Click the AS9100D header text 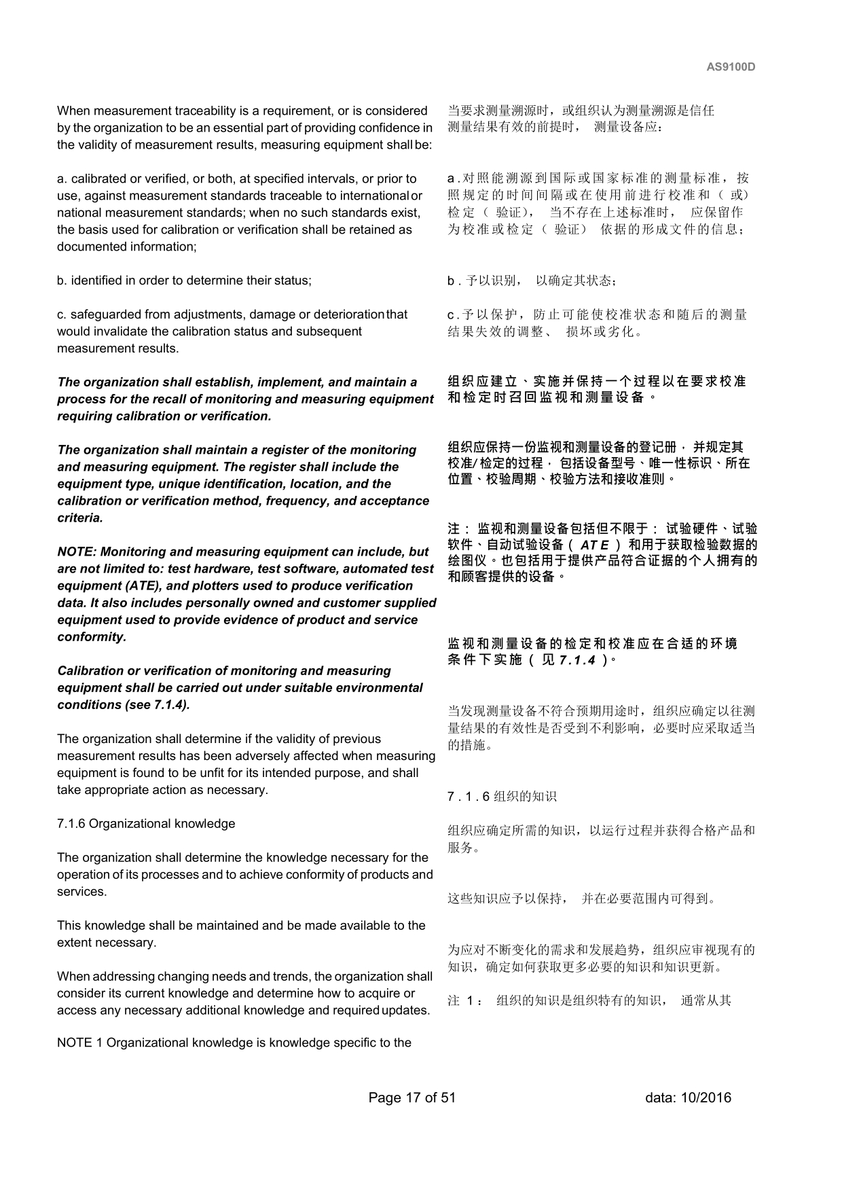point(731,67)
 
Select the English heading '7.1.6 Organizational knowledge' point(146,824)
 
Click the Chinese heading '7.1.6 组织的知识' point(502,796)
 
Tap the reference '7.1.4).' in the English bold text point(171,705)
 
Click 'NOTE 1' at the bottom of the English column point(79,1043)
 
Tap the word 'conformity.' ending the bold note point(92,637)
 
